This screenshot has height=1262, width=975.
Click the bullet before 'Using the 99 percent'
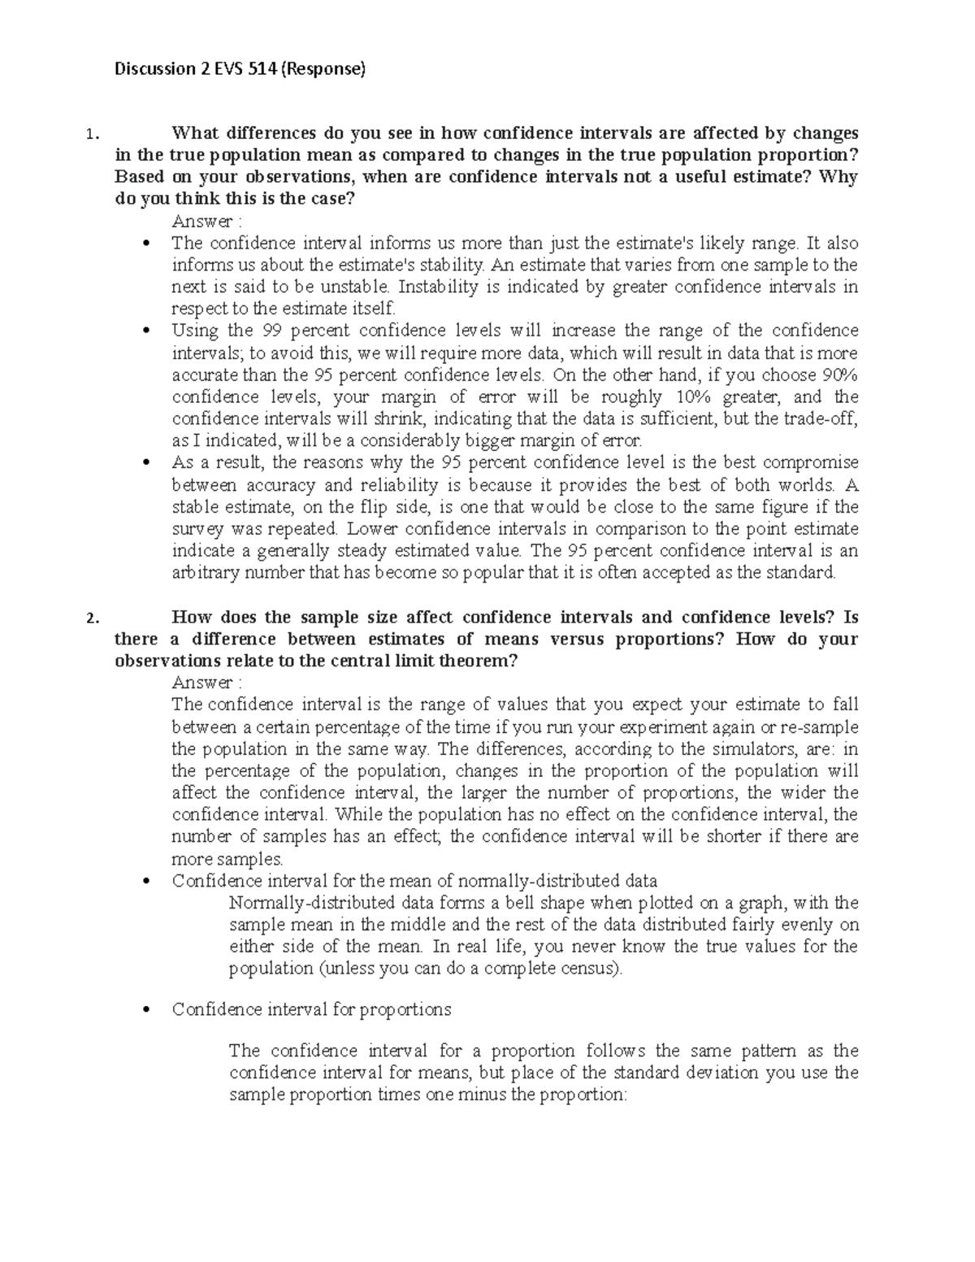(146, 332)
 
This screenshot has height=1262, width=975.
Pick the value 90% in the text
(839, 375)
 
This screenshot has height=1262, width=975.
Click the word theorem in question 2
(475, 661)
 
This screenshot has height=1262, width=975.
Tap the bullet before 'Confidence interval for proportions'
(146, 1011)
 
